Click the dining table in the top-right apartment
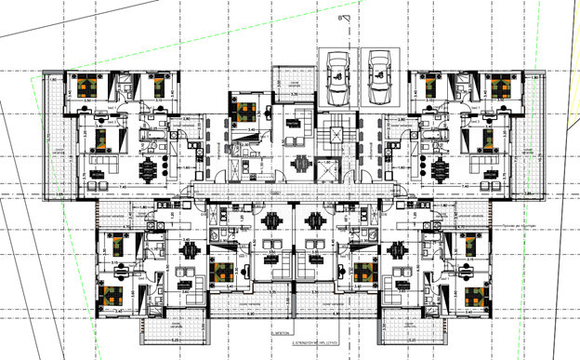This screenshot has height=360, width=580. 438,171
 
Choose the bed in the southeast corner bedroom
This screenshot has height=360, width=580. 475,297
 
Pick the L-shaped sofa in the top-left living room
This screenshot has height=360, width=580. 104,170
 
